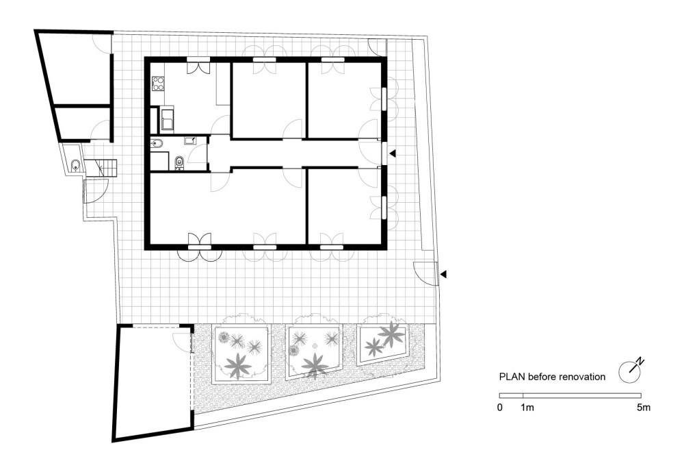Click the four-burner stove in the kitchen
click(x=158, y=84)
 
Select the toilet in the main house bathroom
click(x=179, y=162)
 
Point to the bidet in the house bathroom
click(x=157, y=143)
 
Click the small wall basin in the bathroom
click(x=191, y=140)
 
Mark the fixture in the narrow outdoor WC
click(x=74, y=164)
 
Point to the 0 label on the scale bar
click(x=500, y=408)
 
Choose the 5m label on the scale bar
click(x=642, y=408)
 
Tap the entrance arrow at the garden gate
click(x=443, y=275)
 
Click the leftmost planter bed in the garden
click(x=240, y=353)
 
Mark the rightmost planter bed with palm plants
click(x=383, y=342)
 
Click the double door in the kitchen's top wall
click(x=200, y=66)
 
